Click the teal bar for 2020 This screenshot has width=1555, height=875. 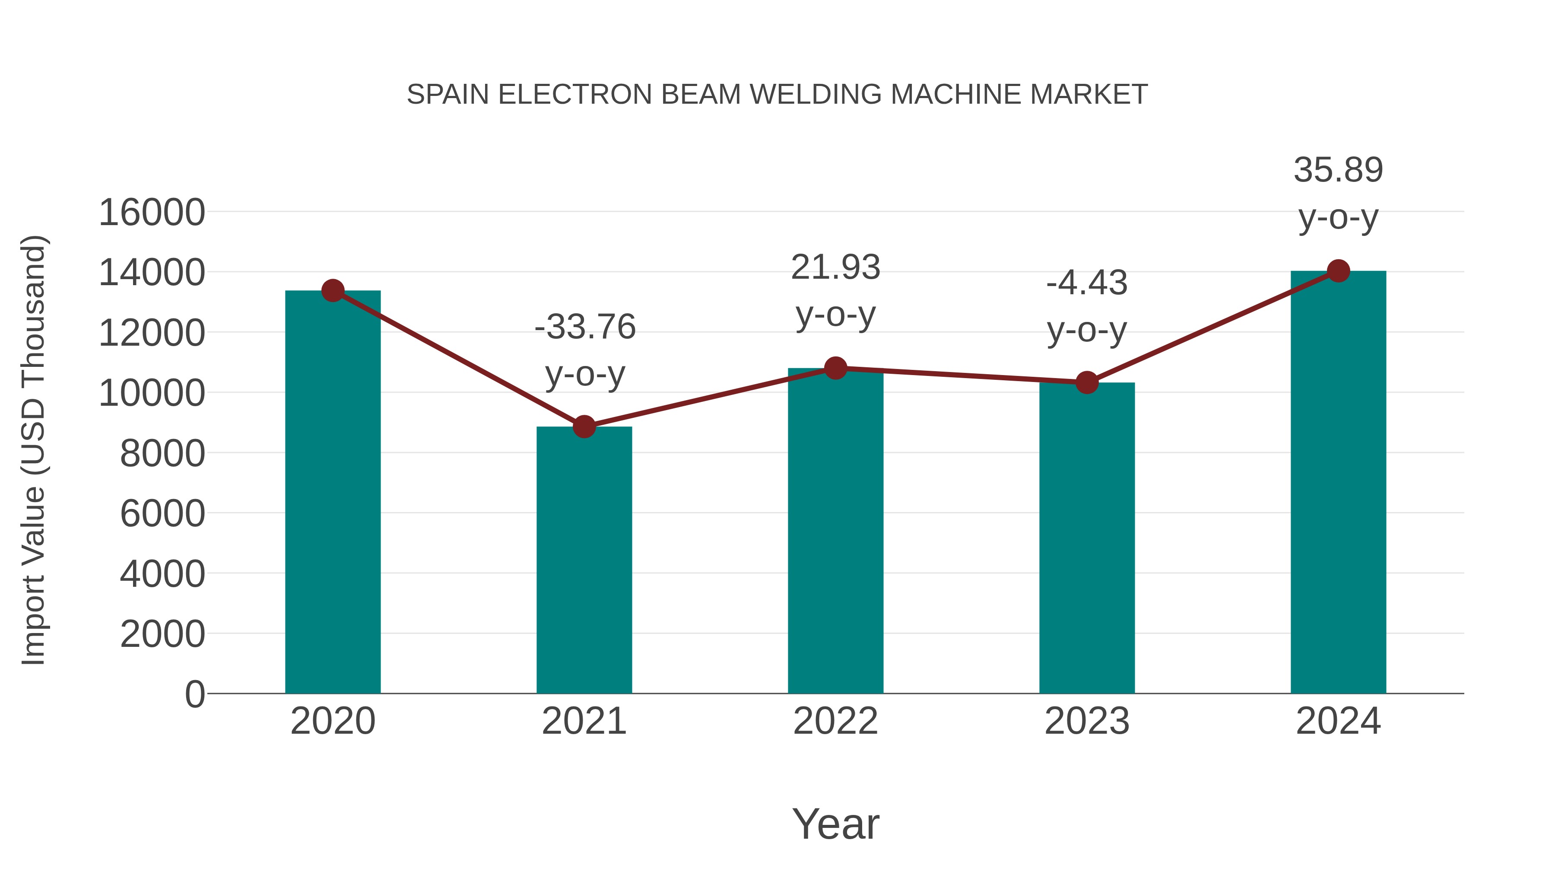point(333,492)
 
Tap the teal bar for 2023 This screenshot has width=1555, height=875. point(1087,538)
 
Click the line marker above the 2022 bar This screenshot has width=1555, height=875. point(835,368)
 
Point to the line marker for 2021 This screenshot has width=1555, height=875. point(584,427)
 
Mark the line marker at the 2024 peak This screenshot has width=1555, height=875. point(1338,271)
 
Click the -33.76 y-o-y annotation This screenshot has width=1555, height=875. point(585,327)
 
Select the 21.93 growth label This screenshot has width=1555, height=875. point(835,267)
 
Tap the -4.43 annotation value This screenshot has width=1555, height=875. point(1087,283)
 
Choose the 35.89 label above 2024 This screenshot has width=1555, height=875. point(1338,170)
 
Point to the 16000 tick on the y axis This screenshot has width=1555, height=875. point(152,213)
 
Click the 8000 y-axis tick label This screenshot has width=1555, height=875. point(162,454)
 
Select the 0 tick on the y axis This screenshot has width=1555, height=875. point(194,694)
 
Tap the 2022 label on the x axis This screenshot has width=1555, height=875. point(835,721)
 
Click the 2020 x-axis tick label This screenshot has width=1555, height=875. point(333,721)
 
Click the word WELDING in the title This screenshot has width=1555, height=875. point(817,95)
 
